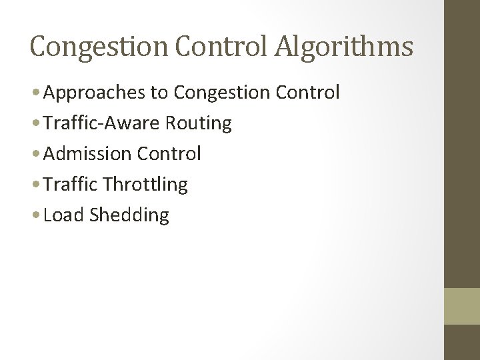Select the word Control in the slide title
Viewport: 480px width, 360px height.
pyautogui.click(x=213, y=47)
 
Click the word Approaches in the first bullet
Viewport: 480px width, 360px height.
pyautogui.click(x=93, y=92)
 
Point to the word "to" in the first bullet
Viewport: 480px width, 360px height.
pyautogui.click(x=159, y=92)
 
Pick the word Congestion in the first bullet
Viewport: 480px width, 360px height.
pyautogui.click(x=218, y=92)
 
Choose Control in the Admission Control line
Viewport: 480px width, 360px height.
pyautogui.click(x=167, y=154)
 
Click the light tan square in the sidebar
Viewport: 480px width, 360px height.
pyautogui.click(x=461, y=306)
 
